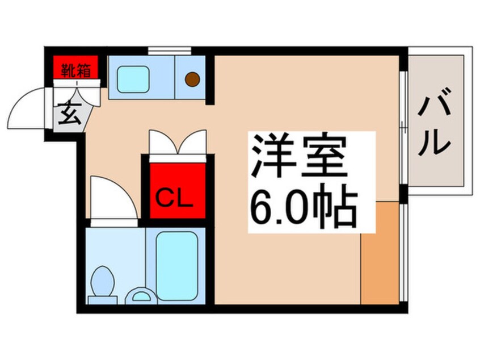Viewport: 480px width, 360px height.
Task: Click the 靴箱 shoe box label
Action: point(76,70)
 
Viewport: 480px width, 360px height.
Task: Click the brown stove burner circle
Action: point(193,79)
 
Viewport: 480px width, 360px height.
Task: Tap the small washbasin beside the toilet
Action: point(140,295)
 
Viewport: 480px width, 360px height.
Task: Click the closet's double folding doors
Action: point(177,143)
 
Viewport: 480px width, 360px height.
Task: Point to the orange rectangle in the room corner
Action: point(380,252)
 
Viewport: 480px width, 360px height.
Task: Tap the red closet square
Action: point(177,190)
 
